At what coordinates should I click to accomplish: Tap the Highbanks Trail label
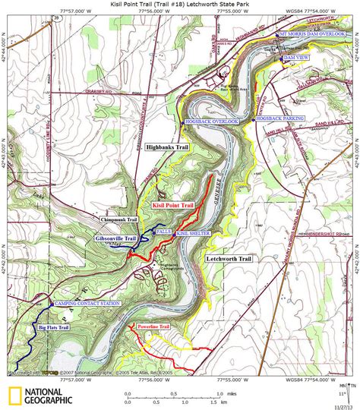(166, 148)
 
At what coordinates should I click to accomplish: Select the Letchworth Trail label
(228, 259)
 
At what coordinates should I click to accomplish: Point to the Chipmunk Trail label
(120, 220)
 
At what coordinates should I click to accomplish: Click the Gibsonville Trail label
(115, 238)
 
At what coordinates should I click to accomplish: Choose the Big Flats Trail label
(53, 327)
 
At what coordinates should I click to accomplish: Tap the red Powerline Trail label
(153, 327)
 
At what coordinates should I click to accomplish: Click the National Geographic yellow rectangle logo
(15, 396)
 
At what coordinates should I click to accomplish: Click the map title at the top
(180, 5)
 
